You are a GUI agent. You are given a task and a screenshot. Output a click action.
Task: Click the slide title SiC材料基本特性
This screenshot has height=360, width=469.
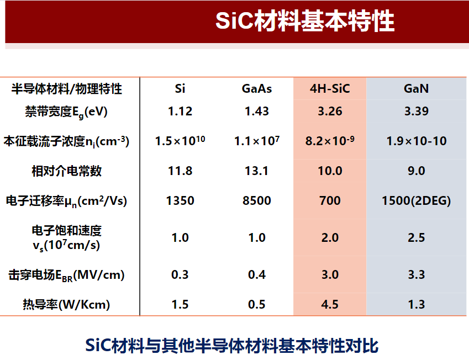pos(305,20)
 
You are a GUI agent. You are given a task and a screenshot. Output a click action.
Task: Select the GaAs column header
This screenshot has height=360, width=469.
pos(257,89)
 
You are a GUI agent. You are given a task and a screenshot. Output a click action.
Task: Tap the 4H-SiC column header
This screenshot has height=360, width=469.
pos(330,89)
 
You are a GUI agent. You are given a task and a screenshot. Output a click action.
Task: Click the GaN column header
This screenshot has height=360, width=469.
pos(417,89)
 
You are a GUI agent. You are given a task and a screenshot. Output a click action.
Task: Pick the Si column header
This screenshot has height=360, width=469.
pos(180,89)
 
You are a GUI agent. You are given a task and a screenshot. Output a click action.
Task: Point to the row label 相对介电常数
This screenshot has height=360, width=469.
pos(67,171)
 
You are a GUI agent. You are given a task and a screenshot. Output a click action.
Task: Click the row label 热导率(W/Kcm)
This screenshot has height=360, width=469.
pos(66,305)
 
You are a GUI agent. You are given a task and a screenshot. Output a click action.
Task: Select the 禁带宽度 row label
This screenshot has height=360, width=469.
pos(66,112)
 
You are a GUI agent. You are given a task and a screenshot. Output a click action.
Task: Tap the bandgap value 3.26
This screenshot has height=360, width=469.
pos(330,112)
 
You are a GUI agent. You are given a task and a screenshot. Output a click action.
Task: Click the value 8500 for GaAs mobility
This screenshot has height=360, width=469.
pos(257,200)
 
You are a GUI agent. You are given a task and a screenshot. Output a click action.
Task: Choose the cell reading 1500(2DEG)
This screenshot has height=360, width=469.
pos(417,201)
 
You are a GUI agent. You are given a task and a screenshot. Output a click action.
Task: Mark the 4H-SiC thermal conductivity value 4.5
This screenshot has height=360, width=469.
pos(330,305)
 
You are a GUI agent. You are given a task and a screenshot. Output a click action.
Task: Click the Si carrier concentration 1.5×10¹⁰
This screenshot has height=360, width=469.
pos(180,141)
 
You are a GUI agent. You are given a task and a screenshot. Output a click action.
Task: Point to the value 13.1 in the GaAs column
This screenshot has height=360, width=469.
pos(257,171)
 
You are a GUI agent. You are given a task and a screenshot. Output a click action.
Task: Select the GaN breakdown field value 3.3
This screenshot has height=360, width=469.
pos(417,275)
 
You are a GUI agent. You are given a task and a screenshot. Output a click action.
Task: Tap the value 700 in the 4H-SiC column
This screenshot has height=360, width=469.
pos(330,200)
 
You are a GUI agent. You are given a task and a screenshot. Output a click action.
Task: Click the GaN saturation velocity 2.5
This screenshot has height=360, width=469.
pos(417,238)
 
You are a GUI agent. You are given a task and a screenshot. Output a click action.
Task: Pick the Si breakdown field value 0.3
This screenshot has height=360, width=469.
pos(180,275)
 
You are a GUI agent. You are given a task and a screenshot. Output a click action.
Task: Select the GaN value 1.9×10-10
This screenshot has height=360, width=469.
pos(417,141)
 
